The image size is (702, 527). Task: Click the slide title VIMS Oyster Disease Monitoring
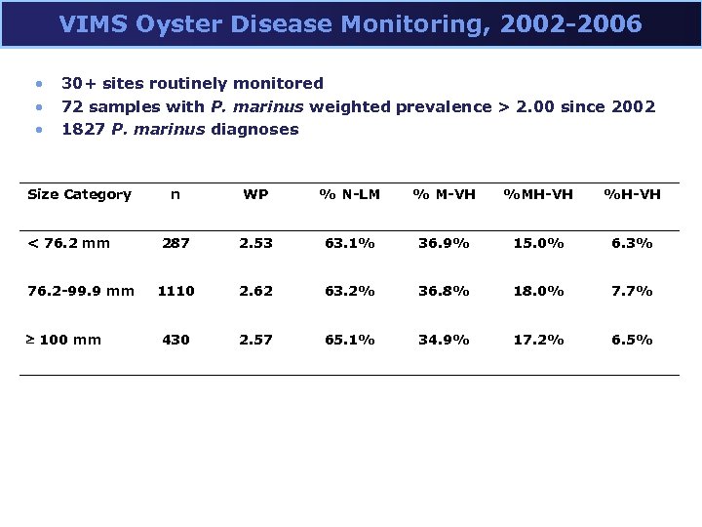pyautogui.click(x=350, y=23)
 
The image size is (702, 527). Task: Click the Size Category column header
pyautogui.click(x=79, y=194)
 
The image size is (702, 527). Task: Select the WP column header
pyautogui.click(x=255, y=194)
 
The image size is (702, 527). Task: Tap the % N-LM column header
pyautogui.click(x=348, y=194)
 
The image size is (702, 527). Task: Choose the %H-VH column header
pyautogui.click(x=632, y=194)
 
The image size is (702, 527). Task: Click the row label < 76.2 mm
pyautogui.click(x=68, y=242)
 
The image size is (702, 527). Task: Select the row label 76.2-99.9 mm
pyautogui.click(x=81, y=291)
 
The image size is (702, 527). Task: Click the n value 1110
pyautogui.click(x=175, y=291)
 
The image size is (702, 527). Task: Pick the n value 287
pyautogui.click(x=175, y=242)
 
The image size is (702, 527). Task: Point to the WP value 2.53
pyautogui.click(x=255, y=242)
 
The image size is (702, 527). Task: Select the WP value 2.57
pyautogui.click(x=255, y=340)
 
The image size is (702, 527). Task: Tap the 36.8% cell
pyautogui.click(x=444, y=291)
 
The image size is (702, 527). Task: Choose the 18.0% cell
pyautogui.click(x=537, y=291)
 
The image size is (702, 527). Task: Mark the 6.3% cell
pyautogui.click(x=632, y=242)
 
